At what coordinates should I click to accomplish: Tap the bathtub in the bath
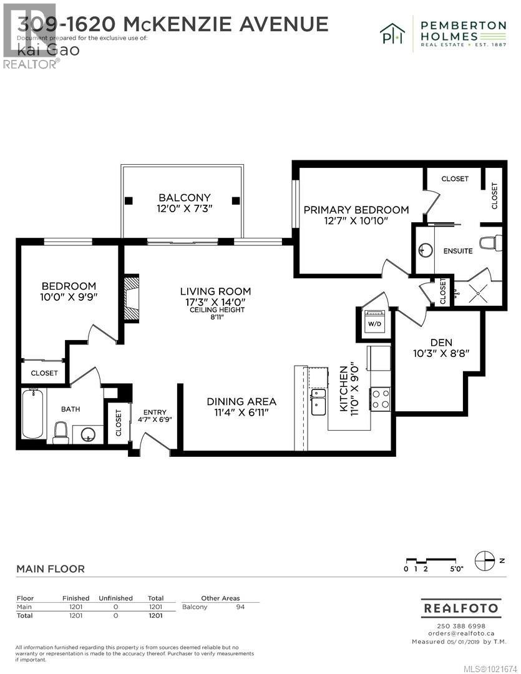32,413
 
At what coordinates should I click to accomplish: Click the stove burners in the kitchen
381,398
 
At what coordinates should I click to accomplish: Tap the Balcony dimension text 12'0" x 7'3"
184,209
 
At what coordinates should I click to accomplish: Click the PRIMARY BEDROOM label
356,210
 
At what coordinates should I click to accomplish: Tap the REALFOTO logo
460,607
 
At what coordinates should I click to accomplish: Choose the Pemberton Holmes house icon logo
393,31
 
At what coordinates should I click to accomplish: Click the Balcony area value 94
240,607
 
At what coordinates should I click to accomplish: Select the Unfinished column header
116,598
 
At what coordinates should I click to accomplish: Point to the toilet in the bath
61,432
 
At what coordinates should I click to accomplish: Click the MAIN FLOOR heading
51,569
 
